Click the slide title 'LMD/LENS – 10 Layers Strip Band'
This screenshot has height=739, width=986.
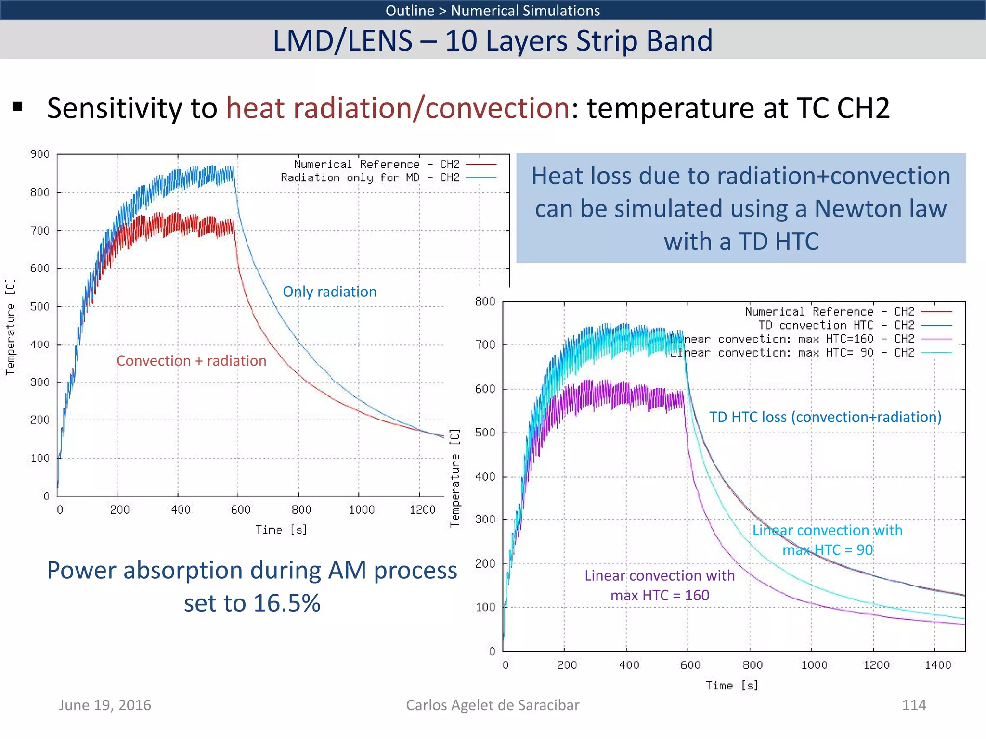pos(492,40)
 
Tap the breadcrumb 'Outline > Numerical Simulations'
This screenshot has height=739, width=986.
pos(492,10)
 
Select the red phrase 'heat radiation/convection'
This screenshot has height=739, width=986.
pos(398,108)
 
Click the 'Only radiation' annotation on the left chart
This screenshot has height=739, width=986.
pos(329,292)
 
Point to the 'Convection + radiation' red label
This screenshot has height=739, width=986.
pos(191,361)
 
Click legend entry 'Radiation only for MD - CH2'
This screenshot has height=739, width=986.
pos(370,178)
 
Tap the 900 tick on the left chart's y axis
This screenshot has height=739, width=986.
pos(40,154)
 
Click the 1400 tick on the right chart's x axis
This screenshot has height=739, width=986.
pos(937,665)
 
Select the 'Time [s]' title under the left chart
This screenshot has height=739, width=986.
pos(281,530)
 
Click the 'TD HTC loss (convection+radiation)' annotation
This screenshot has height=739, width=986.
pos(825,417)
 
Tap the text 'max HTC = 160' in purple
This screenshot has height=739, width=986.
pos(660,595)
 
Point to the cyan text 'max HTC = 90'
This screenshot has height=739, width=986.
pos(827,549)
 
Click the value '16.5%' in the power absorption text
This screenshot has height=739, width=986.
pos(286,603)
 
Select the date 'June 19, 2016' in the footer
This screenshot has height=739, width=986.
pos(105,705)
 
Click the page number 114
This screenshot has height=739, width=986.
pos(913,705)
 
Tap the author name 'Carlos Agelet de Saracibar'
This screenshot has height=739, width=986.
pos(492,705)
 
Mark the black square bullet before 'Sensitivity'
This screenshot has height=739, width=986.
pos(18,107)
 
